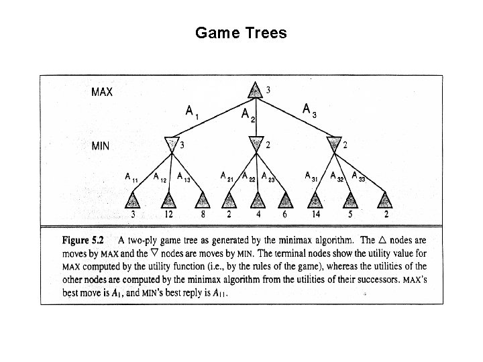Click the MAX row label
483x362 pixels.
coord(102,92)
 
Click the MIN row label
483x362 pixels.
coord(101,145)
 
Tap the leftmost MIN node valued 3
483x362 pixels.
coord(172,144)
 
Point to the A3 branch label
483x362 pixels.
coord(309,109)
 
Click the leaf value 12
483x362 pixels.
coord(169,215)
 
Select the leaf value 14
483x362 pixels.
coord(316,215)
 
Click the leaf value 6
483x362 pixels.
coord(286,215)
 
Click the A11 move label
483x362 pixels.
coord(131,178)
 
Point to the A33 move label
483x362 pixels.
coord(359,177)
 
